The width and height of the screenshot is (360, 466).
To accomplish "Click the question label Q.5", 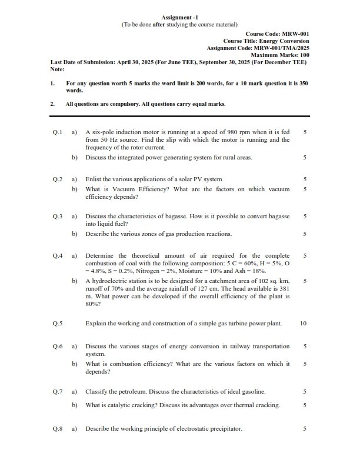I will point(57,323).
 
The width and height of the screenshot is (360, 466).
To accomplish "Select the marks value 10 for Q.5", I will point(304,323).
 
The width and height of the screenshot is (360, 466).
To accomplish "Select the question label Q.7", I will point(57,391).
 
